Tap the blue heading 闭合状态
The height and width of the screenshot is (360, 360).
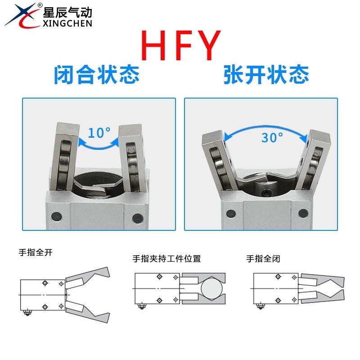click(96, 75)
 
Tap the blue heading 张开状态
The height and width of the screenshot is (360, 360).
click(266, 75)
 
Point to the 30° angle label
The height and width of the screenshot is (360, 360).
click(272, 137)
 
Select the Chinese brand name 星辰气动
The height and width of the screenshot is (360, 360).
click(67, 11)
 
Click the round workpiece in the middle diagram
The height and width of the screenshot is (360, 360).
click(211, 288)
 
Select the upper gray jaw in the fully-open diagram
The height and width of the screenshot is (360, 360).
click(90, 276)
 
